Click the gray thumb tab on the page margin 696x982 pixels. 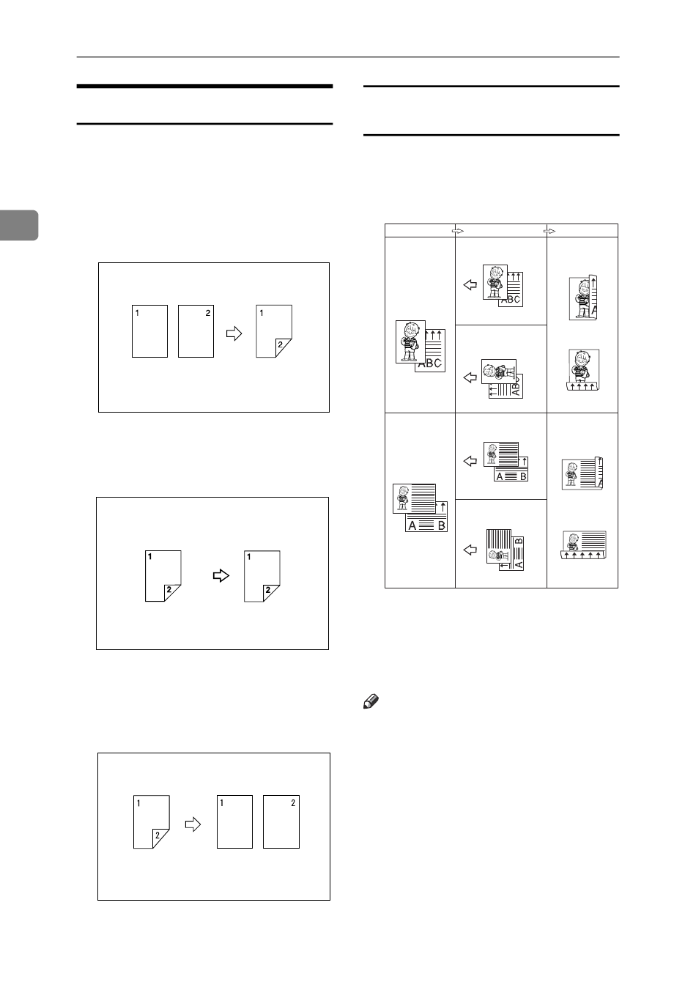pyautogui.click(x=18, y=224)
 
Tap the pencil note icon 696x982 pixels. pyautogui.click(x=369, y=704)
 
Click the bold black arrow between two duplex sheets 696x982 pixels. pyautogui.click(x=221, y=575)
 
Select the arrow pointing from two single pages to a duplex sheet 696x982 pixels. pyautogui.click(x=234, y=333)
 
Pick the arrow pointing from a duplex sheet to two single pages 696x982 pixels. pyautogui.click(x=193, y=824)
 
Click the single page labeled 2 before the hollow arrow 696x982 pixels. pyautogui.click(x=196, y=331)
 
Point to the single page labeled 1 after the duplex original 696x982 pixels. pyautogui.click(x=234, y=822)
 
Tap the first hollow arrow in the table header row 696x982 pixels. pyautogui.click(x=459, y=230)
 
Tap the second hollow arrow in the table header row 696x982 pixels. pyautogui.click(x=549, y=230)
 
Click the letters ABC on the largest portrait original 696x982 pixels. pyautogui.click(x=430, y=363)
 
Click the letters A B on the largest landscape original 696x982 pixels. pyautogui.click(x=426, y=524)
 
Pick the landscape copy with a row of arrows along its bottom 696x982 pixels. pyautogui.click(x=584, y=545)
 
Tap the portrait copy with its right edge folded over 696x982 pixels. pyautogui.click(x=584, y=298)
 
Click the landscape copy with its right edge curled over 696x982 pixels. pyautogui.click(x=582, y=473)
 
